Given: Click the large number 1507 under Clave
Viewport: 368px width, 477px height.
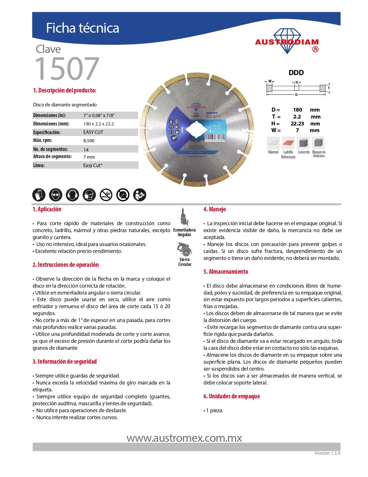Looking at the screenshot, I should (67, 69).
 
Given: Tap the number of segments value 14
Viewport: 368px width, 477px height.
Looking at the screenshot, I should (86, 150).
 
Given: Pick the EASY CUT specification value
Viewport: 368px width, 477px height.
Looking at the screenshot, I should (93, 132).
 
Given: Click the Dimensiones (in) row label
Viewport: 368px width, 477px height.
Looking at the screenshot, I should (50, 115).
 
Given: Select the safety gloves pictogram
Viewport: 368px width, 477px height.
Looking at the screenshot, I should (39, 195).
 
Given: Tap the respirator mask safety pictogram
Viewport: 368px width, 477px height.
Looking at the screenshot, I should (89, 195).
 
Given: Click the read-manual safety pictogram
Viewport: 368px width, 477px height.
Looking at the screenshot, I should (140, 195).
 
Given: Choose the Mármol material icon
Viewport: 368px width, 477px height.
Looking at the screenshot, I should (273, 143).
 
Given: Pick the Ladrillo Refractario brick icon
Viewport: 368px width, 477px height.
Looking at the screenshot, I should (288, 143).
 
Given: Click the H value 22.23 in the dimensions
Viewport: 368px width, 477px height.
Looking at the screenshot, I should (297, 124).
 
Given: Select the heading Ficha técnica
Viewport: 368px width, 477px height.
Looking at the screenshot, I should (83, 28).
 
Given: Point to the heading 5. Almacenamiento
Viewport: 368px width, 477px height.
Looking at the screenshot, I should (226, 272).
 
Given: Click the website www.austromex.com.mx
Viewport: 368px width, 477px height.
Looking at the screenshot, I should (184, 438).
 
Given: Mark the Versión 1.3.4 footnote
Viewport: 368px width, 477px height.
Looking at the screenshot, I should (327, 453).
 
